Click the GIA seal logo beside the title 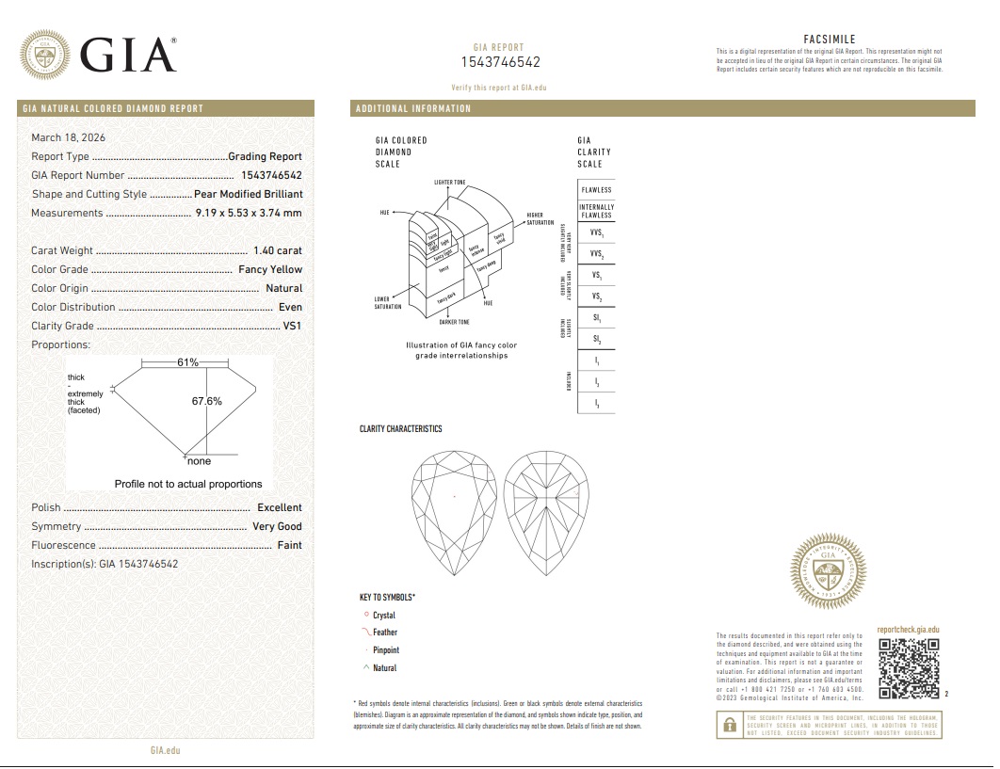point(45,55)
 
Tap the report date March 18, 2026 point(68,137)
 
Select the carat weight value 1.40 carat point(278,250)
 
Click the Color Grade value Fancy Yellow point(270,269)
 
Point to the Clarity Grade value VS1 point(293,326)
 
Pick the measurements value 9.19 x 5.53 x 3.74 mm point(249,213)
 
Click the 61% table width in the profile point(187,362)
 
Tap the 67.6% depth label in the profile point(207,401)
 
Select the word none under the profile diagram point(199,461)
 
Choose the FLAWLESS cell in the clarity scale point(596,190)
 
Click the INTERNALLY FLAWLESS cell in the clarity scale point(596,211)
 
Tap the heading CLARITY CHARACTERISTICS point(400,429)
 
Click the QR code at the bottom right point(909,668)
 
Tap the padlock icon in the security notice point(729,726)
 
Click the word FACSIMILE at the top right point(829,40)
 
